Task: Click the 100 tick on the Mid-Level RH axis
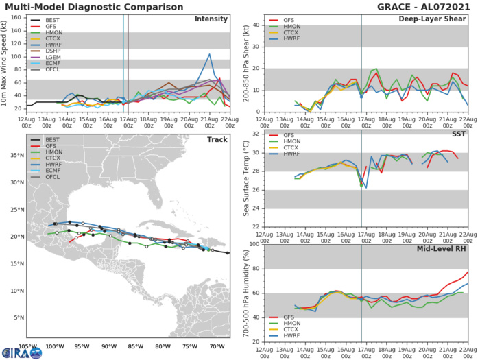click(252, 244)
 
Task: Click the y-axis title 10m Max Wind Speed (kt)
click(5, 64)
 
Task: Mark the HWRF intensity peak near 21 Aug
click(209, 54)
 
